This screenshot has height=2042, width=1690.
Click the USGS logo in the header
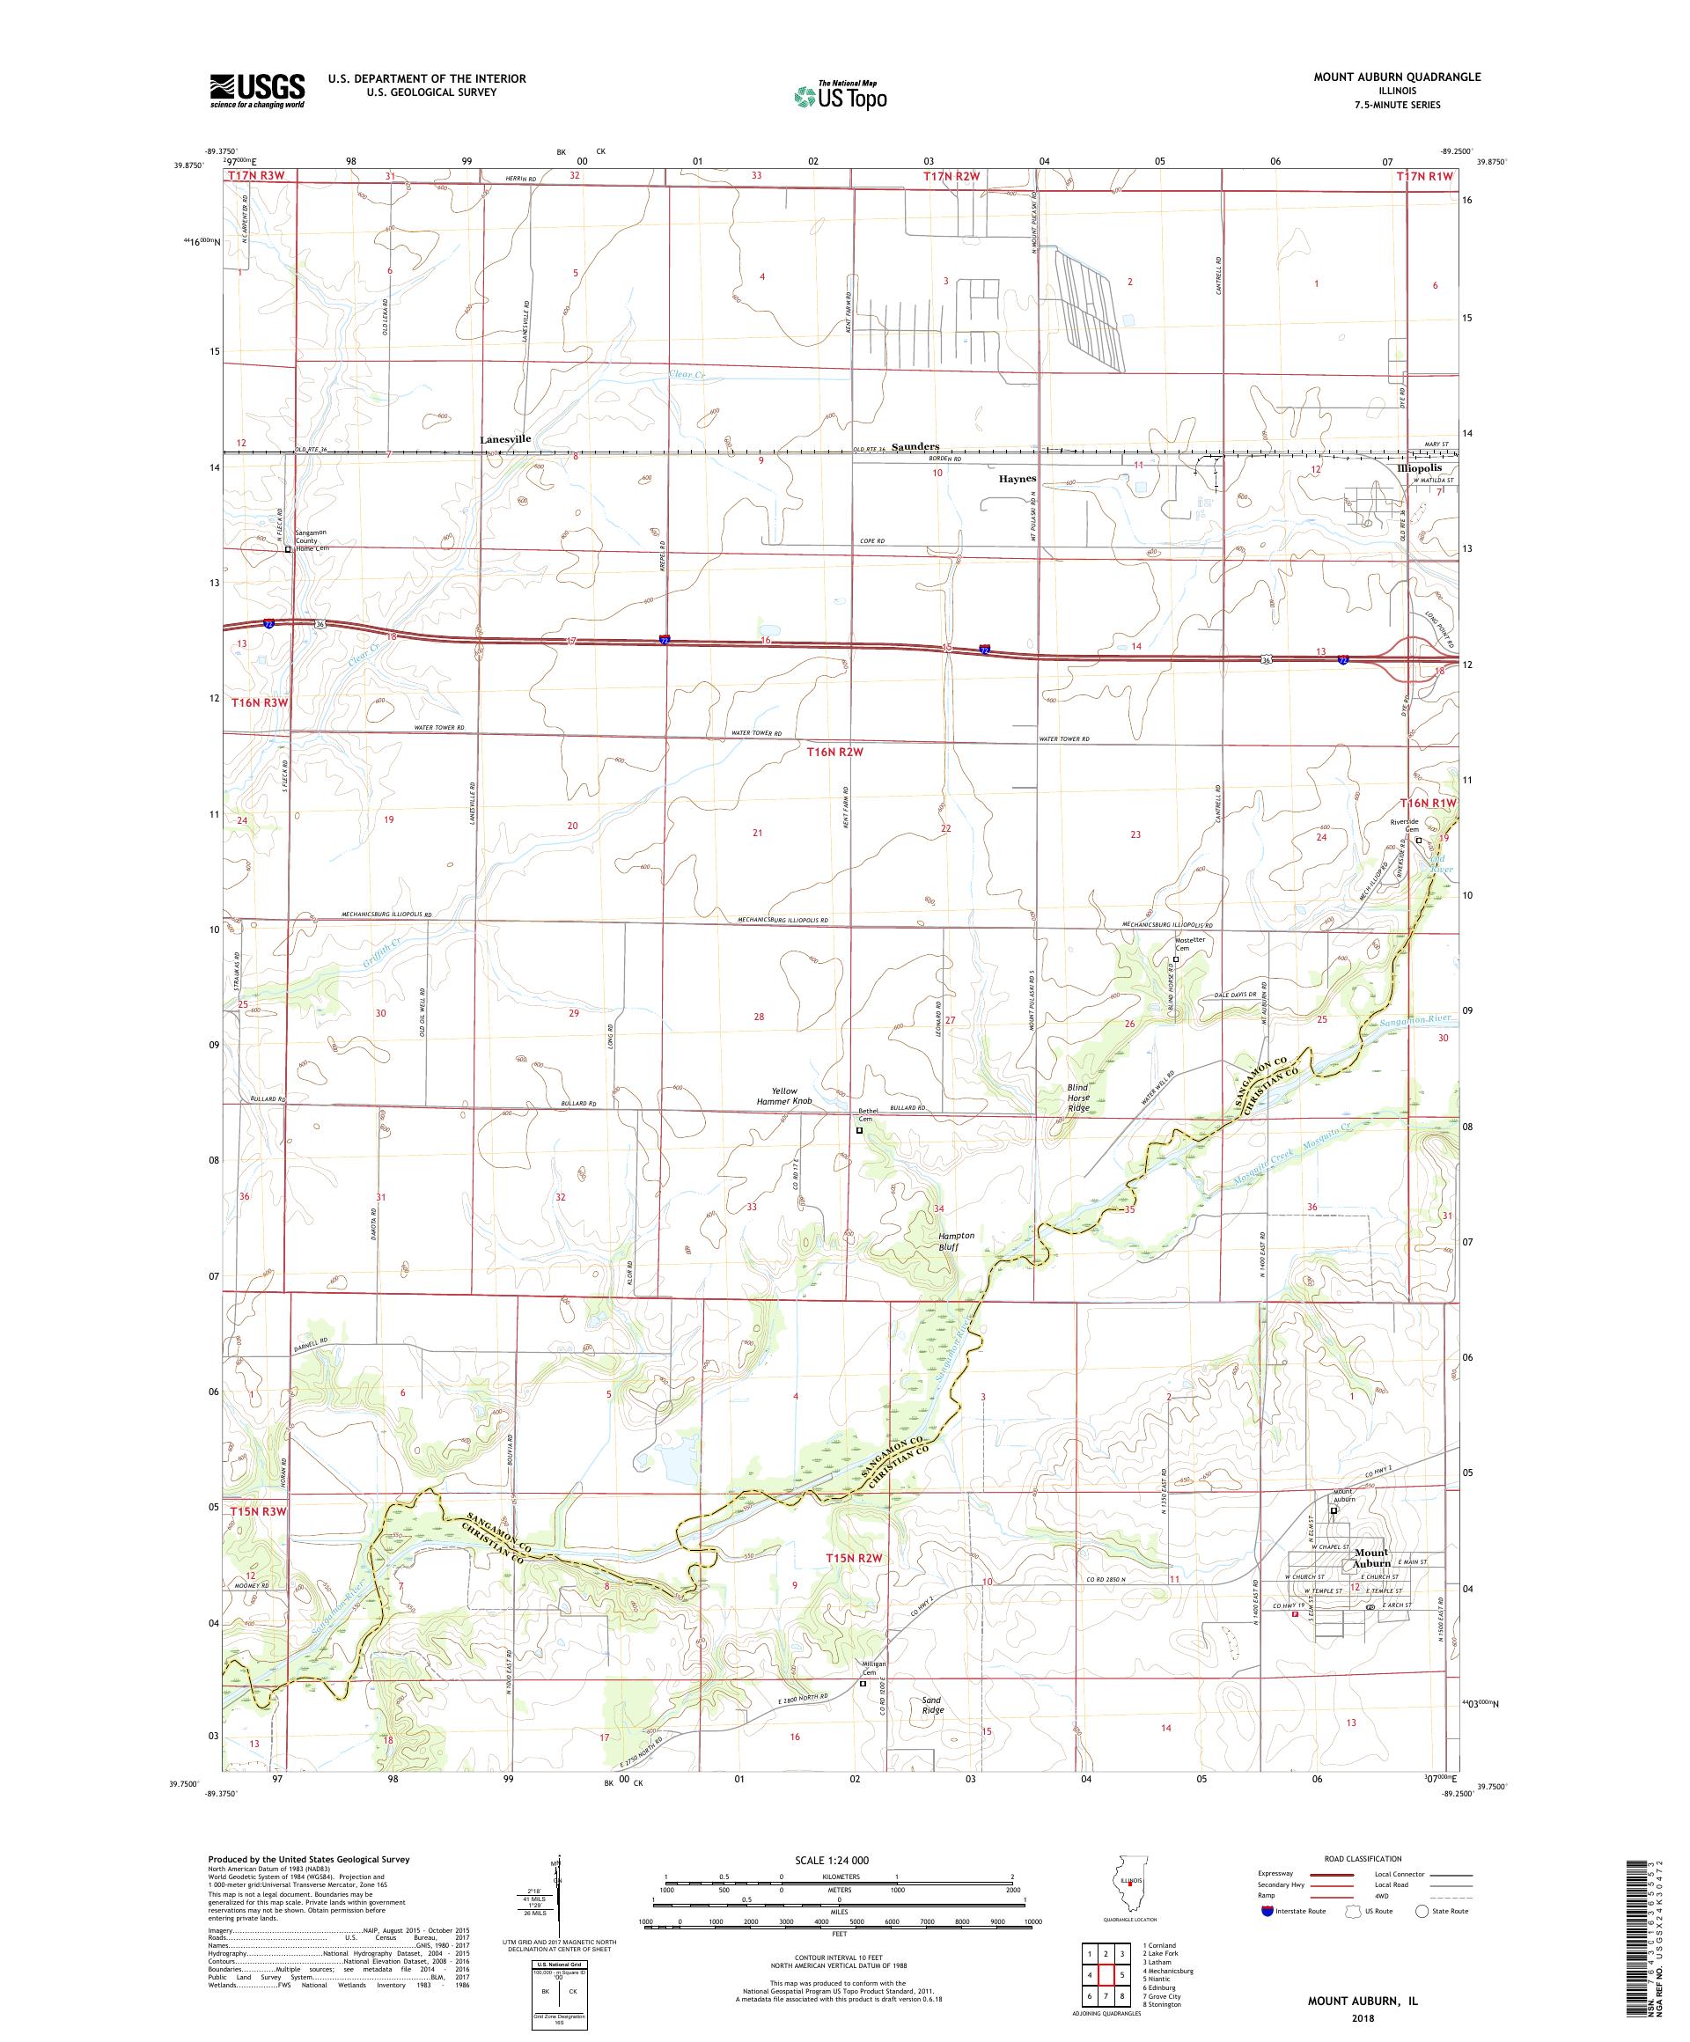coord(257,91)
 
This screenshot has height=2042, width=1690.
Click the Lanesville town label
coord(505,438)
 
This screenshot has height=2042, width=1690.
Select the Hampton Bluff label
coord(928,1241)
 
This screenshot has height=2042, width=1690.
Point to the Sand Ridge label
coord(932,1704)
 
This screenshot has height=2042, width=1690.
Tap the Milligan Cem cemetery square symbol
coord(863,1683)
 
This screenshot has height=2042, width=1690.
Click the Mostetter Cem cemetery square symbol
coord(1176,959)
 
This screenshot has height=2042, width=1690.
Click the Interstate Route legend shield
coord(1266,1910)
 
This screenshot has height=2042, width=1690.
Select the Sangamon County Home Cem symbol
coord(288,548)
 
